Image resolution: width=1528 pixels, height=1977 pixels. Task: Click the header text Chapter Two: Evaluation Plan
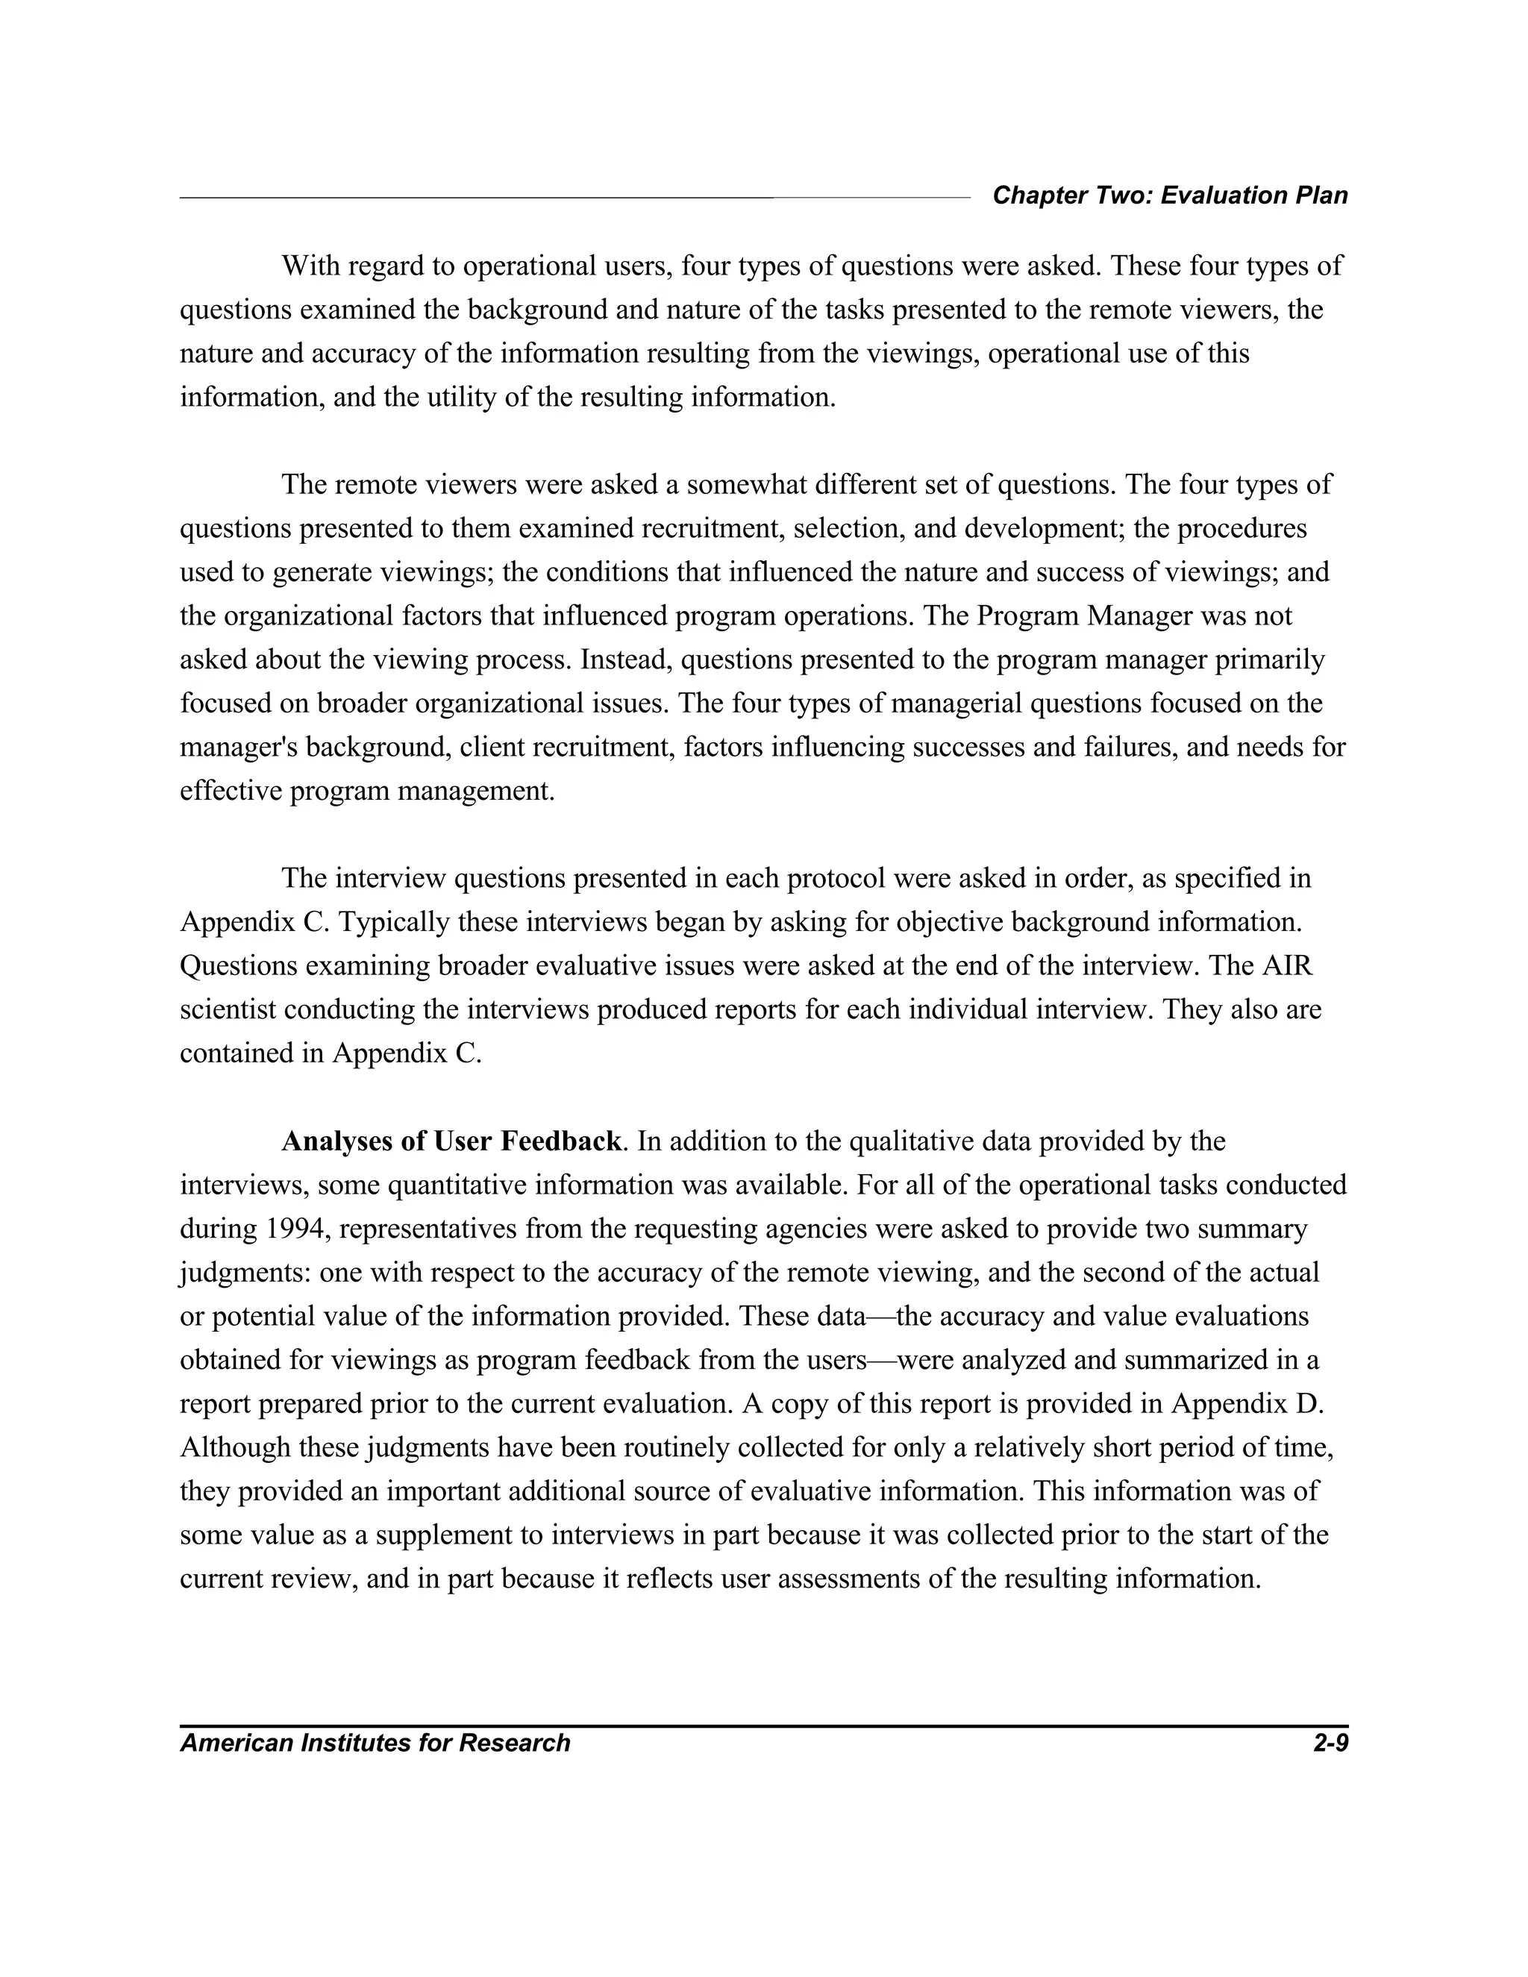pyautogui.click(x=1170, y=195)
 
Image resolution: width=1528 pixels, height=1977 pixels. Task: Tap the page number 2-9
pyautogui.click(x=1330, y=1743)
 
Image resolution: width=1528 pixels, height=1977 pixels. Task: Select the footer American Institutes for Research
pyautogui.click(x=375, y=1743)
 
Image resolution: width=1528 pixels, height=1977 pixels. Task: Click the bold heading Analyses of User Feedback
pyautogui.click(x=451, y=1141)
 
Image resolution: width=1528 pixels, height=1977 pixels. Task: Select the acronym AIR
pyautogui.click(x=1286, y=966)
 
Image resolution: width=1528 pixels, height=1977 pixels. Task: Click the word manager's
pyautogui.click(x=238, y=748)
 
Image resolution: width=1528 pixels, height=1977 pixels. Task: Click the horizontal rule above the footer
pyautogui.click(x=764, y=1726)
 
